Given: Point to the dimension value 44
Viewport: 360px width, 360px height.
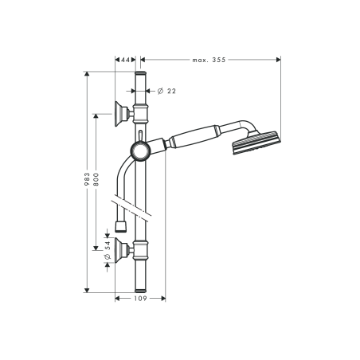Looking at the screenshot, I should pos(125,59).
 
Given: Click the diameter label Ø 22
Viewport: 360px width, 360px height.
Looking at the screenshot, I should pos(167,92).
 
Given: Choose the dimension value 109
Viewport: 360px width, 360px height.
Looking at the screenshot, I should pos(140,299).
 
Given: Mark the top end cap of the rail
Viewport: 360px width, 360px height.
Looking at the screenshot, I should pos(140,74).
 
